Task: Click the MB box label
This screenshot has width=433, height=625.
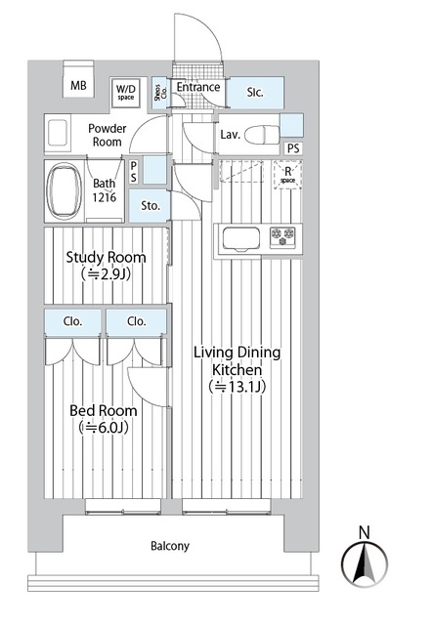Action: [78, 86]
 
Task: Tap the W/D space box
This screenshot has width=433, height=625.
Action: [126, 90]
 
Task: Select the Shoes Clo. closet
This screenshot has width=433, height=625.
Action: [160, 92]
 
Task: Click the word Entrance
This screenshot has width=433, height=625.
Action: [198, 87]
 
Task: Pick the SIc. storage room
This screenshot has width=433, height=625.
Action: [255, 92]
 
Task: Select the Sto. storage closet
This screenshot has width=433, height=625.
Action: [150, 206]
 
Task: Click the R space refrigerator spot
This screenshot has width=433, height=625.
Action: [287, 176]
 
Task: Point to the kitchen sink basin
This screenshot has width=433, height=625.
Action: [239, 237]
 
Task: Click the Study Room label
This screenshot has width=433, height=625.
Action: [106, 258]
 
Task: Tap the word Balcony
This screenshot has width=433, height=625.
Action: [169, 546]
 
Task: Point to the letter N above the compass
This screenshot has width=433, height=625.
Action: [364, 532]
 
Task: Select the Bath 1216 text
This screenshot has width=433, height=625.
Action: [105, 189]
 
